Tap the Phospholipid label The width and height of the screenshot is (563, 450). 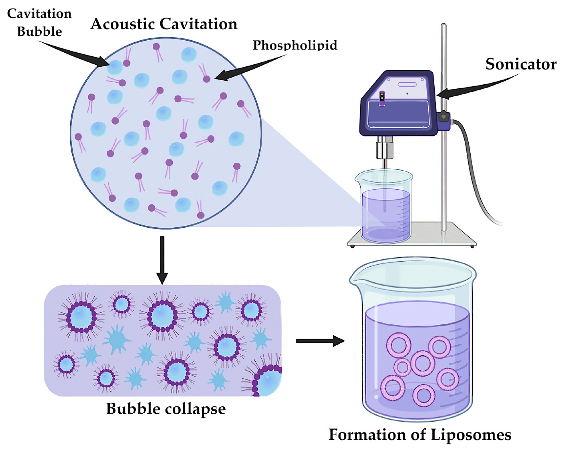tap(295, 46)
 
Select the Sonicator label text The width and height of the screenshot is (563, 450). tap(521, 64)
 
